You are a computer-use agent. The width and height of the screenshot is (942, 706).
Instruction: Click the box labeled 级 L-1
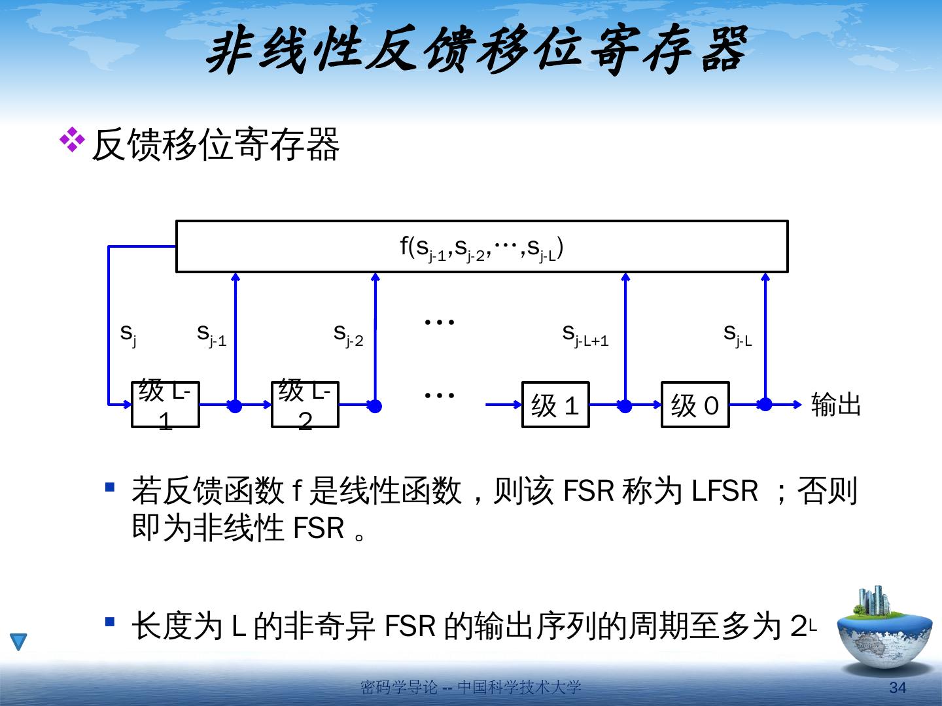coord(165,405)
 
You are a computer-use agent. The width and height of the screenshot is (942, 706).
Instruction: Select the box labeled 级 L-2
coord(305,405)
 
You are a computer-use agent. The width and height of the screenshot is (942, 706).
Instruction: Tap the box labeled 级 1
coord(555,405)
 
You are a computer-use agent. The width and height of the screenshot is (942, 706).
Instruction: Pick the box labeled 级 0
coord(695,405)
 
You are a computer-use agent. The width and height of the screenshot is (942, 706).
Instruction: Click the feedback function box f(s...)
coord(481,246)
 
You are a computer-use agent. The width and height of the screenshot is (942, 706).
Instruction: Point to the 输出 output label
coord(835,405)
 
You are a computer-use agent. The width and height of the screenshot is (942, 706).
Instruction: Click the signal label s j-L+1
coord(585,335)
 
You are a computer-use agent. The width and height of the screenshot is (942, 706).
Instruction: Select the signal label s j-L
coord(737,335)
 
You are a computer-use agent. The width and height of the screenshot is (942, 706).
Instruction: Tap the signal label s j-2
coord(348,335)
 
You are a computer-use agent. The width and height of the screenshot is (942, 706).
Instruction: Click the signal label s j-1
coord(211,335)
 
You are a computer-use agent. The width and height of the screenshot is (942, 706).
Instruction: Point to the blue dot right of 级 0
coord(765,405)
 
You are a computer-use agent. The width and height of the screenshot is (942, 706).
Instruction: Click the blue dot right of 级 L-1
coord(235,406)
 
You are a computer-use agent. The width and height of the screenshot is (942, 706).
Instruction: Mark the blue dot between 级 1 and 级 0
coord(625,406)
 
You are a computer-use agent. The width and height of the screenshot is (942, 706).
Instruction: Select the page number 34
coord(898,688)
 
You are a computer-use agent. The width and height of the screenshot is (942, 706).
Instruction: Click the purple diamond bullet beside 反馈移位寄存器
coord(73,140)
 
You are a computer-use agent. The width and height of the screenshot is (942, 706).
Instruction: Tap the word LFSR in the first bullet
coord(724,491)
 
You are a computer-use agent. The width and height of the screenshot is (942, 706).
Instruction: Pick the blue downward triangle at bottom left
coord(19,642)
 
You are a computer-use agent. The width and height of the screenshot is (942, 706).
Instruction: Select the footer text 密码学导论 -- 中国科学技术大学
coord(471,688)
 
